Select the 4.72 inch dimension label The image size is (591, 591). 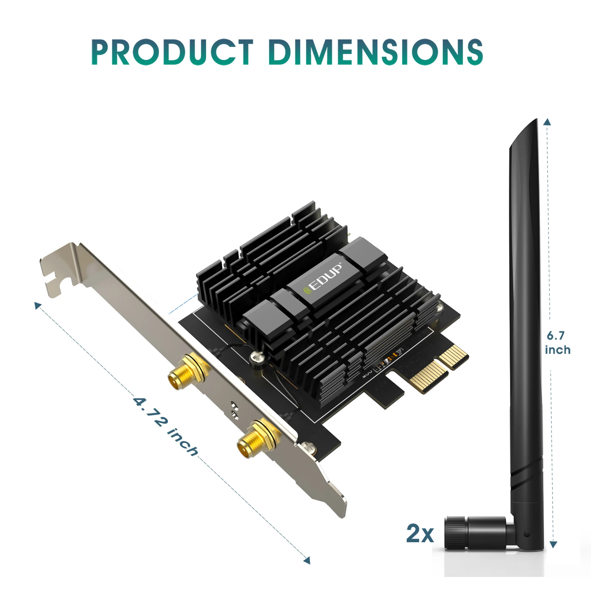click(166, 426)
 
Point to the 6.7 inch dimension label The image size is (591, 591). click(557, 343)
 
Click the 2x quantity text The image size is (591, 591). click(420, 533)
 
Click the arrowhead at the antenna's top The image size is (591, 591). click(547, 122)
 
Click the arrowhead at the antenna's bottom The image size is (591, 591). click(553, 544)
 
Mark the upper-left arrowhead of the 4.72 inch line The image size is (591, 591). click(37, 305)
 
